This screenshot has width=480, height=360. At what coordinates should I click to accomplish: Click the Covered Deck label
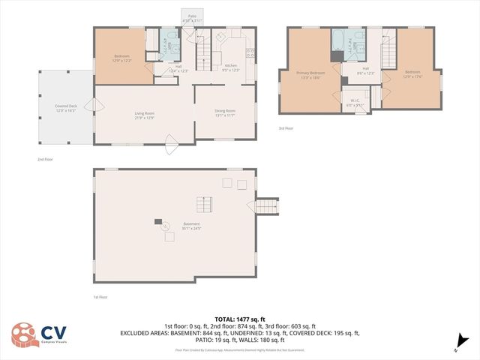click(x=65, y=108)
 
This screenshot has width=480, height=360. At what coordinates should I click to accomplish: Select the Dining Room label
click(x=224, y=113)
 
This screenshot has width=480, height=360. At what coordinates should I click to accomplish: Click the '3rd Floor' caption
click(x=286, y=129)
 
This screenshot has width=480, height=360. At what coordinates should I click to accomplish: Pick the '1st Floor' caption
click(x=100, y=298)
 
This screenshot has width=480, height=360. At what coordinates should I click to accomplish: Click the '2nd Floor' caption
click(x=45, y=159)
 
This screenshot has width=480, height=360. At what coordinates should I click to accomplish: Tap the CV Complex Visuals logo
click(x=41, y=334)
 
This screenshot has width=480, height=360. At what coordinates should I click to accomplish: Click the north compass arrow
click(x=456, y=348)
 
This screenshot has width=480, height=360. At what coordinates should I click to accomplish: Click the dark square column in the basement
click(x=158, y=221)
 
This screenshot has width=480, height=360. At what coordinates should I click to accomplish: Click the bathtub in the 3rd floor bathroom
click(x=339, y=41)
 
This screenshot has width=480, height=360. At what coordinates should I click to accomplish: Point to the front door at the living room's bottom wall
click(x=170, y=142)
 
